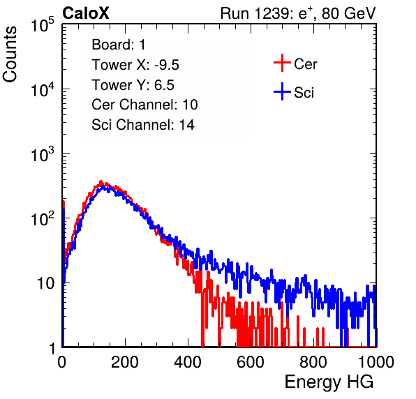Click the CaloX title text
pyautogui.click(x=86, y=13)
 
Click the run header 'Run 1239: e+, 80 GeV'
pyautogui.click(x=298, y=13)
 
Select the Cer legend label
pyautogui.click(x=305, y=64)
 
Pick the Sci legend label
pyautogui.click(x=304, y=93)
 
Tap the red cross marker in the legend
pyautogui.click(x=282, y=63)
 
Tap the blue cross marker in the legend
pyautogui.click(x=282, y=91)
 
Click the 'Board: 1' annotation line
pyautogui.click(x=119, y=45)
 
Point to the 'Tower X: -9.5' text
pyautogui.click(x=135, y=65)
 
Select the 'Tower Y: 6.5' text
pyautogui.click(x=133, y=85)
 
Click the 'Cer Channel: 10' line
pyautogui.click(x=144, y=105)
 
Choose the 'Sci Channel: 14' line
pyautogui.click(x=143, y=125)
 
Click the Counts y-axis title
pyautogui.click(x=10, y=54)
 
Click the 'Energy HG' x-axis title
pyautogui.click(x=329, y=382)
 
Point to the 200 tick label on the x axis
pyautogui.click(x=125, y=362)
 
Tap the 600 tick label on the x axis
pyautogui.click(x=251, y=362)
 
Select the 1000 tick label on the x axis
pyautogui.click(x=376, y=362)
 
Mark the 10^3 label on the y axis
pyautogui.click(x=43, y=154)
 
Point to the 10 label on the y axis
pyautogui.click(x=46, y=283)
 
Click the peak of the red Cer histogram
pyautogui.click(x=101, y=182)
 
